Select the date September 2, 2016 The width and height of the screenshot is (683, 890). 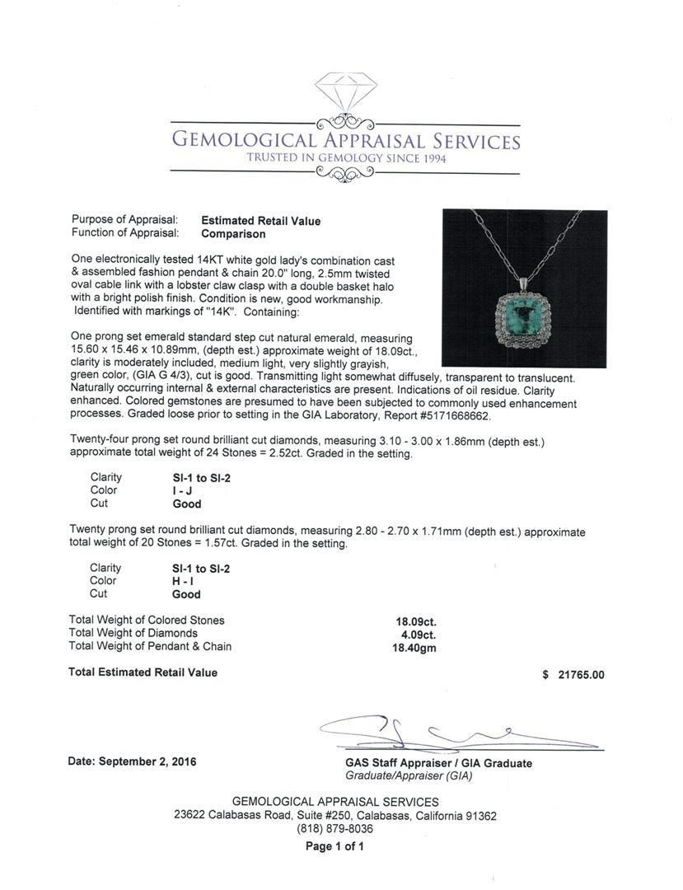coord(132,762)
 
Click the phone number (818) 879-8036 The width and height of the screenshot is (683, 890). coord(334,829)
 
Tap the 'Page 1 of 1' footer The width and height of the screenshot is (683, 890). coord(334,846)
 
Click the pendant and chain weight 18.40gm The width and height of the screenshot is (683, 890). coord(414,648)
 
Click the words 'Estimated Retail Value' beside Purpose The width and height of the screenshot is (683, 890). coord(261,221)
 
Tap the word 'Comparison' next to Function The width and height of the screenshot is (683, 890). coord(233,234)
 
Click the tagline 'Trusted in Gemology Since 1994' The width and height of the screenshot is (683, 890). coord(346,158)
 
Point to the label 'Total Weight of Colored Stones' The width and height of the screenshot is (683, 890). coord(147,621)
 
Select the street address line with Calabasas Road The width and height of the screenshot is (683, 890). coord(334,816)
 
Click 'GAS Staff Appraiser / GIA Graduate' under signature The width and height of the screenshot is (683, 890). coord(438,763)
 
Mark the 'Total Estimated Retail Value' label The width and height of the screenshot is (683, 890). coord(143,672)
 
